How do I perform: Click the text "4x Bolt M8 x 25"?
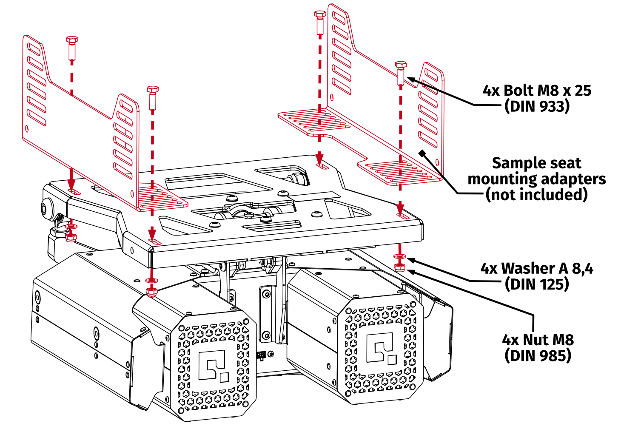pyautogui.click(x=537, y=91)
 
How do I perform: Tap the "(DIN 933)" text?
pyautogui.click(x=537, y=106)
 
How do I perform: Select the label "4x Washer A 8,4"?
pyautogui.click(x=537, y=268)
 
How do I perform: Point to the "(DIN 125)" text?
pyautogui.click(x=537, y=284)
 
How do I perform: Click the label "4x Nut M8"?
pyautogui.click(x=538, y=340)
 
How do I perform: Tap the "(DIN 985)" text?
pyautogui.click(x=538, y=355)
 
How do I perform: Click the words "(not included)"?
pyautogui.click(x=537, y=195)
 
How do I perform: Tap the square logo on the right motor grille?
pyautogui.click(x=382, y=349)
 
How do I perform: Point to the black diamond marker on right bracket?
pyautogui.click(x=422, y=153)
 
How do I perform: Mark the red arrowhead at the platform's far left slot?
pyautogui.click(x=71, y=185)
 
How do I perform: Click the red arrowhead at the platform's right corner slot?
pyautogui.click(x=400, y=209)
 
